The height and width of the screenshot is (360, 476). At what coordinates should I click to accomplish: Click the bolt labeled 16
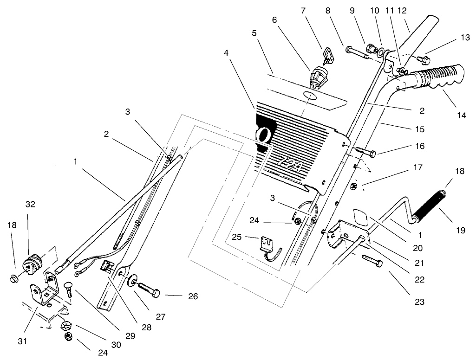(x=366, y=151)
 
